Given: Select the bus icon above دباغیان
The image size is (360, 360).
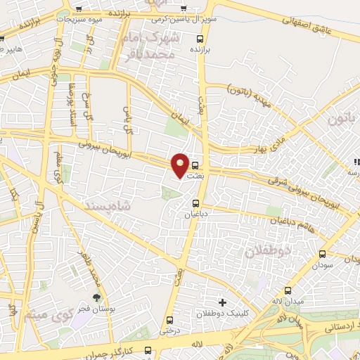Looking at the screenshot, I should pos(196,204).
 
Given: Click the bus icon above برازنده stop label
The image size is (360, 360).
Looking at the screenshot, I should pos(200,39).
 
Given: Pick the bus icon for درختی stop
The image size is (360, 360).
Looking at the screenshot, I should pos(169,319).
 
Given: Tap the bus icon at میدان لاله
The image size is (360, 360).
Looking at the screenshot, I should pos(287,291).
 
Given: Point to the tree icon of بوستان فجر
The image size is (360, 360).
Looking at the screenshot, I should pos(97,298).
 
